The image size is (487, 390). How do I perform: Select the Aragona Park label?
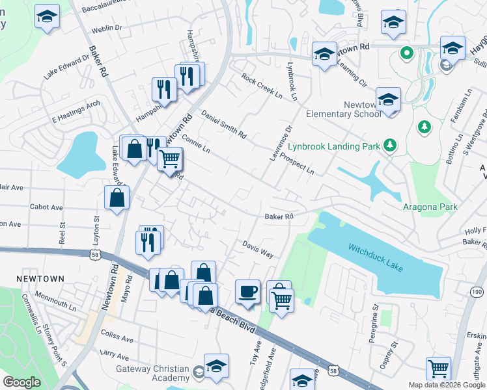pyautogui.click(x=430, y=207)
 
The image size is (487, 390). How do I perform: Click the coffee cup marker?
pyautogui.click(x=247, y=291)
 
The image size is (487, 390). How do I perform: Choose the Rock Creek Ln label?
pyautogui.click(x=262, y=86)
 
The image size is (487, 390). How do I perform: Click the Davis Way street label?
pyautogui.click(x=258, y=250)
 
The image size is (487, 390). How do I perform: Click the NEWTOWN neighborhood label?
pyautogui.click(x=41, y=279)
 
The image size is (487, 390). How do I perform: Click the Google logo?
pyautogui.click(x=21, y=382)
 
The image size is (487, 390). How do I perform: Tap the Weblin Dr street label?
pyautogui.click(x=107, y=28)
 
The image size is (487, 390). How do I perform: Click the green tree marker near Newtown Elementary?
pyautogui.click(x=424, y=126)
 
